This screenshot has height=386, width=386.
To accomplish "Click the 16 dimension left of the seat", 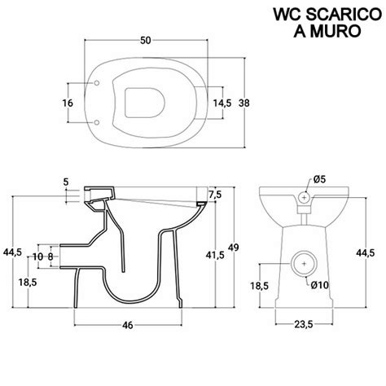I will coord(68,103).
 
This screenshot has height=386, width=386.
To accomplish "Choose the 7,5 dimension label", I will coord(215,195).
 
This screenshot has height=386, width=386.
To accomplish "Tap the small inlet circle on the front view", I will coord(304,197).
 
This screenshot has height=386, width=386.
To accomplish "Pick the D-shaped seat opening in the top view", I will coord(146,103).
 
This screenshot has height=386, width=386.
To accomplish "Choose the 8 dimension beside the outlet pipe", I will coord(51,257).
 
